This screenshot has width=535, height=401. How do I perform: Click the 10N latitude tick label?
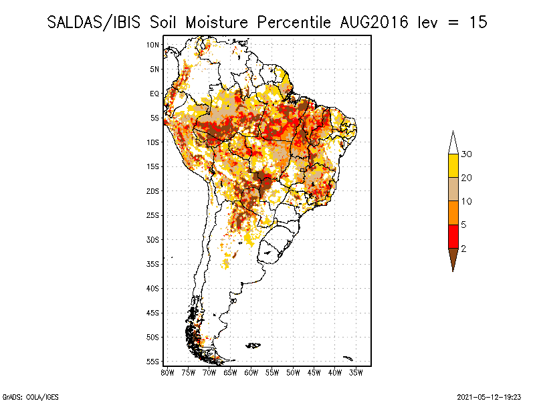(x=152, y=45)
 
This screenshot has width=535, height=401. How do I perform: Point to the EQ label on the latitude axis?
(x=154, y=94)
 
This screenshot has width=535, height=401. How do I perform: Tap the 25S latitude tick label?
(x=152, y=215)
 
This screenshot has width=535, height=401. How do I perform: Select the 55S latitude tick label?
(x=152, y=362)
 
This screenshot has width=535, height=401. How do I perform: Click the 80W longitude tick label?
(x=167, y=372)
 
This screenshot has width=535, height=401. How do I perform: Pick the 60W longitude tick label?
(x=251, y=372)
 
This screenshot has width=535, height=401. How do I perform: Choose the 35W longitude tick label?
(x=356, y=372)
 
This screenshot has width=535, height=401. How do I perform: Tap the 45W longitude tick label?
(x=314, y=372)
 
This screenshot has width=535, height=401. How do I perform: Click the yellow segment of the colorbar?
(x=453, y=166)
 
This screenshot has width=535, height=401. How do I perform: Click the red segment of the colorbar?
(x=453, y=236)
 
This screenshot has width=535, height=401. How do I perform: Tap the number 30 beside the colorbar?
(x=467, y=154)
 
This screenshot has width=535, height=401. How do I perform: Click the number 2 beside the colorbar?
(x=464, y=249)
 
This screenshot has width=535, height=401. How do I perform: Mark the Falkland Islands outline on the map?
(x=253, y=346)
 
